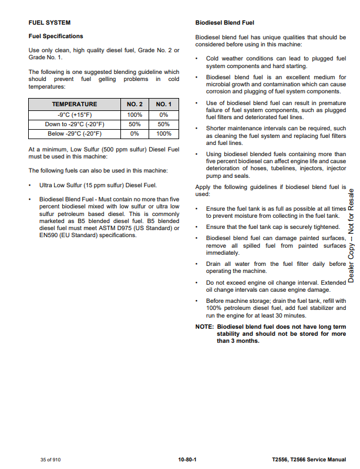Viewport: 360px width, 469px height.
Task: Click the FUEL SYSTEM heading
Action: click(49, 23)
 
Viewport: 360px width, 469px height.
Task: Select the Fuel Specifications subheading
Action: click(56, 36)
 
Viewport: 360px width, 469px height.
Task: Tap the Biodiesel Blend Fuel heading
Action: click(224, 23)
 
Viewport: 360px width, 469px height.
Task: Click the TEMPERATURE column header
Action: click(74, 104)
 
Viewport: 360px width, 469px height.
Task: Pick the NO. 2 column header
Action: click(134, 104)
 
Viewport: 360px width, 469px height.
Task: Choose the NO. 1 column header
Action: click(164, 104)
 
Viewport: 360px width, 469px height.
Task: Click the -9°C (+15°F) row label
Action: click(74, 114)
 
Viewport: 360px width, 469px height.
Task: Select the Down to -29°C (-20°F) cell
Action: click(74, 124)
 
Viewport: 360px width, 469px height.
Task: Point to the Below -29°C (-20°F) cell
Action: click(74, 133)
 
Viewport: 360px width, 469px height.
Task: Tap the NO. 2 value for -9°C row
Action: click(134, 114)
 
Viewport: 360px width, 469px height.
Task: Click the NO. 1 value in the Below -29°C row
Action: click(164, 133)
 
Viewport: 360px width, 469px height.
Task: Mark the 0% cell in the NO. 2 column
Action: click(134, 133)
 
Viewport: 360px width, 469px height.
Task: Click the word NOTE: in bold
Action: click(204, 327)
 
